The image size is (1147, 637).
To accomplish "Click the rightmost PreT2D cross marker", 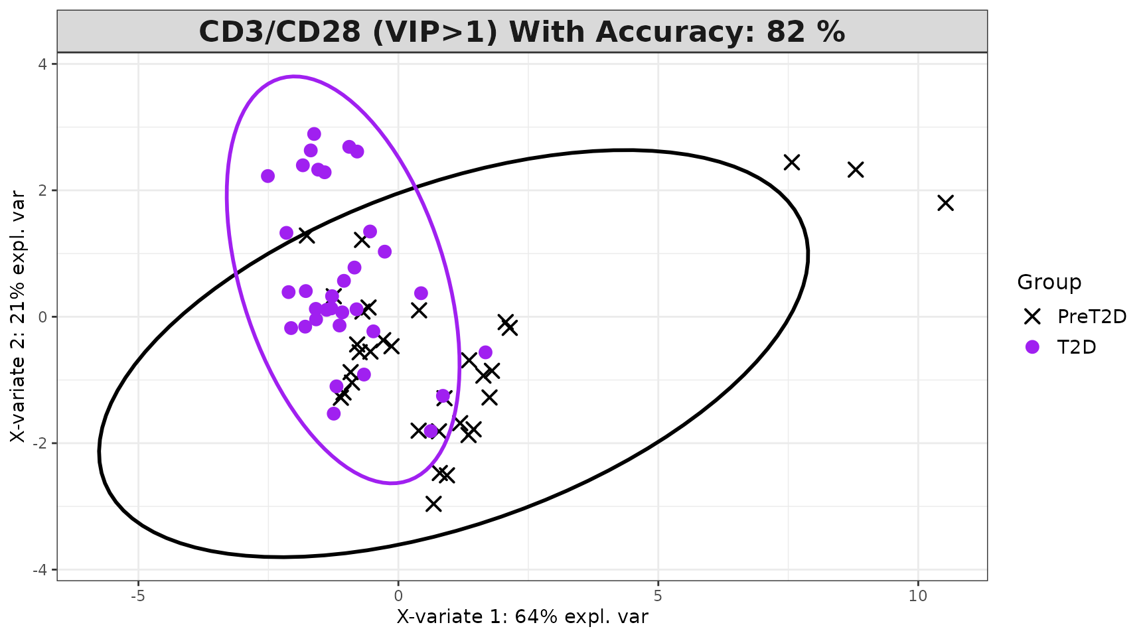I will (945, 203).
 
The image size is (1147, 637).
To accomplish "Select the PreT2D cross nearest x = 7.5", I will (791, 162).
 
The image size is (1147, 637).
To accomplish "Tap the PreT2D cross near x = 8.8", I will (856, 170).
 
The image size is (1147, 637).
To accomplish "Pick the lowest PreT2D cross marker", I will (433, 504).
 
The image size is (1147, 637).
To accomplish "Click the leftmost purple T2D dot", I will (268, 176).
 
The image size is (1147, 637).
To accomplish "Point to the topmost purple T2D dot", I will (314, 134).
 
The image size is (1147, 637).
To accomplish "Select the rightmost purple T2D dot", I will (485, 352).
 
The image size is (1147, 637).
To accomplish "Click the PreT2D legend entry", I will (1091, 317).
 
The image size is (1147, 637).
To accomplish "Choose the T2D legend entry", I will (1076, 347).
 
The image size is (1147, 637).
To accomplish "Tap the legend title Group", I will (1049, 282).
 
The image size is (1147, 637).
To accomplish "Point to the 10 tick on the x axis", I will (917, 596).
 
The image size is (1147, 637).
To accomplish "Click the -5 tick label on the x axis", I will (137, 596).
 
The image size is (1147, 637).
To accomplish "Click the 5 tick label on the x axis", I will (658, 596).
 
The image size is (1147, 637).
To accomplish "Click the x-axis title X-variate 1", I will (522, 617).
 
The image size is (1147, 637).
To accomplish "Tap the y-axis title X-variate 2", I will (18, 317).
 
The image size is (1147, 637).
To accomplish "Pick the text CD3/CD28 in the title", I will (279, 32).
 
